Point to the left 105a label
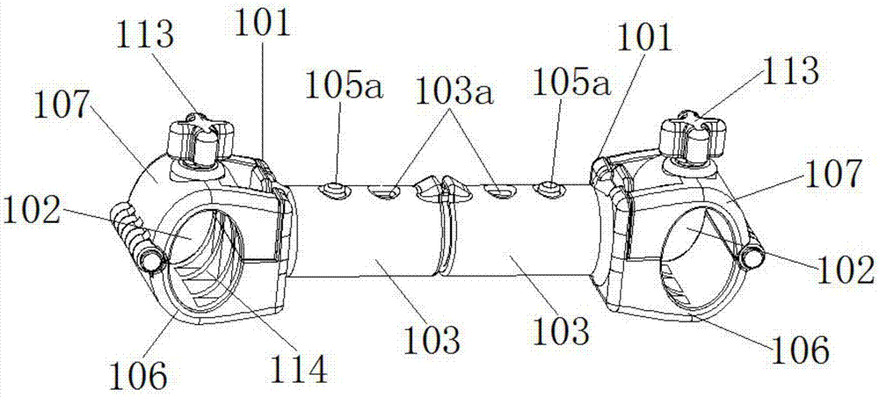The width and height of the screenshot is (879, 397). click(x=337, y=85)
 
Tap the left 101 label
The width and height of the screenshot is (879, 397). click(x=263, y=24)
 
